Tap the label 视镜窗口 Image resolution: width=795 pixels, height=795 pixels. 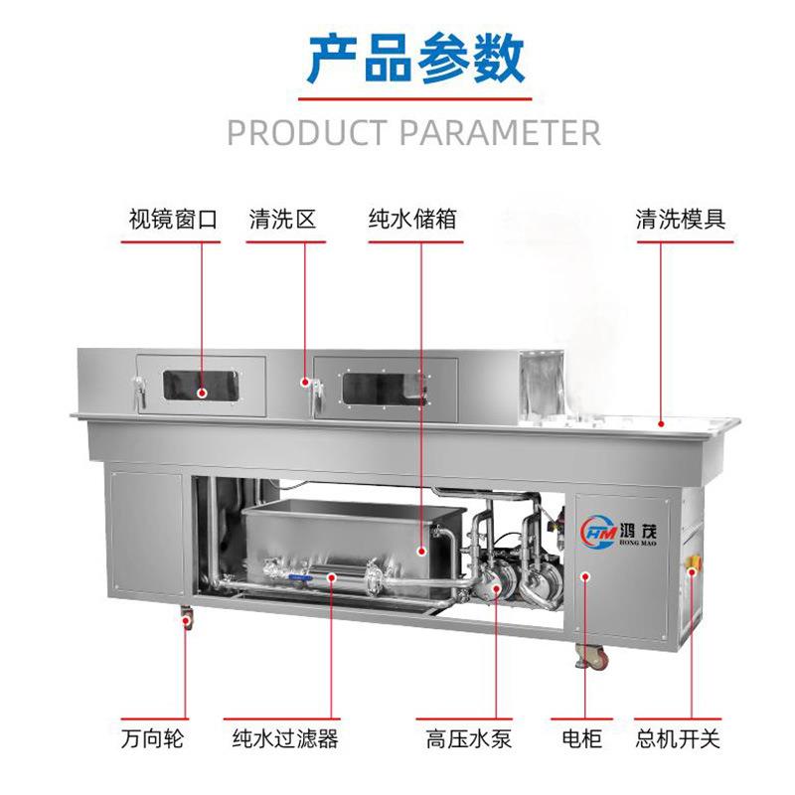[173, 219]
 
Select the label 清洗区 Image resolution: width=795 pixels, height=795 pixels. [282, 219]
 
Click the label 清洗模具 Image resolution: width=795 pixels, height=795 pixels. [681, 219]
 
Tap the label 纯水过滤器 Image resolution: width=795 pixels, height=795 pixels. [285, 739]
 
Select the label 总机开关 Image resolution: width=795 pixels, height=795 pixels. [678, 739]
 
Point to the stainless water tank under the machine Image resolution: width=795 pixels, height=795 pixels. [348, 542]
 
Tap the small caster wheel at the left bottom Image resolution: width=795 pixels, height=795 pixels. [186, 620]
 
